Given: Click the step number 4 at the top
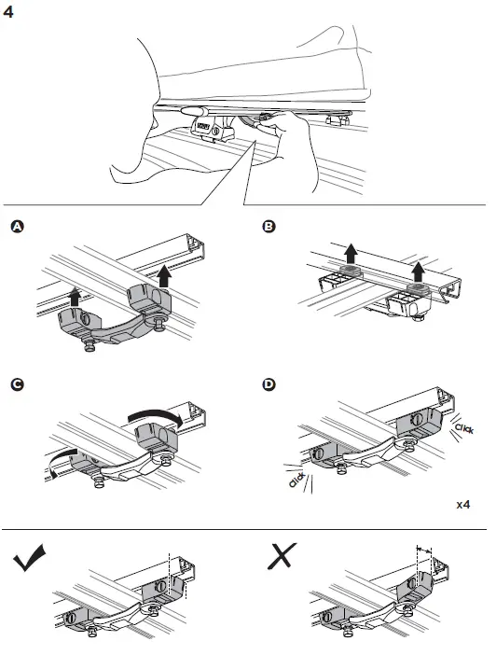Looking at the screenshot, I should pyautogui.click(x=11, y=14).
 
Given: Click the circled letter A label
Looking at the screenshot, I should pyautogui.click(x=16, y=227).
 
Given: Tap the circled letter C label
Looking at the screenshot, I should pyautogui.click(x=16, y=383).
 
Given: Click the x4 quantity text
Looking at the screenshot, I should pyautogui.click(x=463, y=504).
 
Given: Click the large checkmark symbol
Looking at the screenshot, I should pyautogui.click(x=34, y=561).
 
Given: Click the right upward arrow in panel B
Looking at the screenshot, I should pyautogui.click(x=419, y=271).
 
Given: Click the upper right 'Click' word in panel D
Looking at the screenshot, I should pyautogui.click(x=462, y=427).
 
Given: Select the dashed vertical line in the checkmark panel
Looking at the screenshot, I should pyautogui.click(x=169, y=569).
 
